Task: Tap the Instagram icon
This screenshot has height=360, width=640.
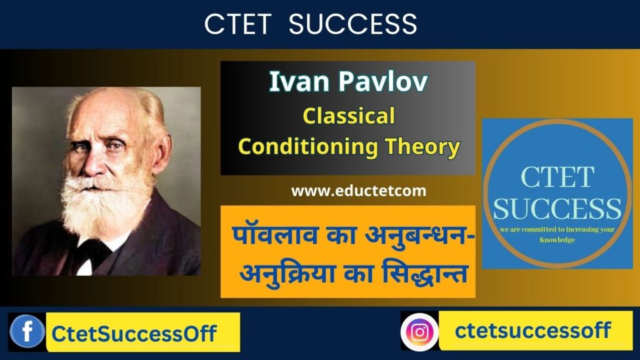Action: [420, 331]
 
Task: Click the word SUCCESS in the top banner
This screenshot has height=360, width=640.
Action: [354, 24]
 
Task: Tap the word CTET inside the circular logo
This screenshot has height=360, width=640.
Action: [557, 177]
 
